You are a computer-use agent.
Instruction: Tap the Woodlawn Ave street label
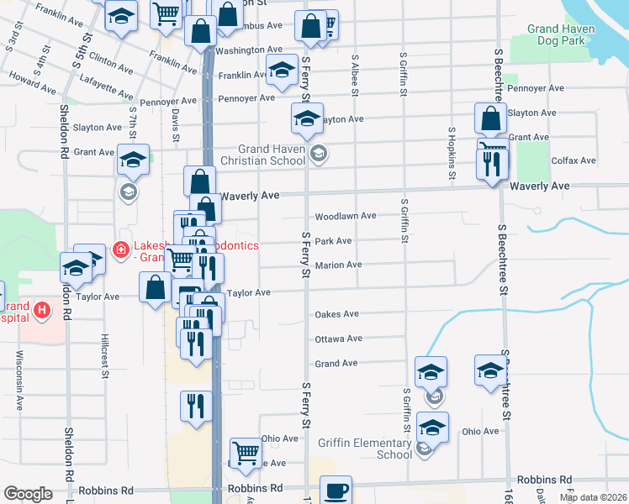tap(345, 216)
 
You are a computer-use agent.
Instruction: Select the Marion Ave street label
tap(338, 265)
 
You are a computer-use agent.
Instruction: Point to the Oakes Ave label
tap(336, 314)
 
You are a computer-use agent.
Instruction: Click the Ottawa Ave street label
tap(338, 339)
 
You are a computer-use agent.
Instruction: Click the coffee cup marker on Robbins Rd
tap(336, 491)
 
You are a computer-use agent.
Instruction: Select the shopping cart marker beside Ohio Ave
tap(246, 454)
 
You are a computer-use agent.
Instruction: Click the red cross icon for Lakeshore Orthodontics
tap(119, 250)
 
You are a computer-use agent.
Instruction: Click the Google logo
tap(28, 494)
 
